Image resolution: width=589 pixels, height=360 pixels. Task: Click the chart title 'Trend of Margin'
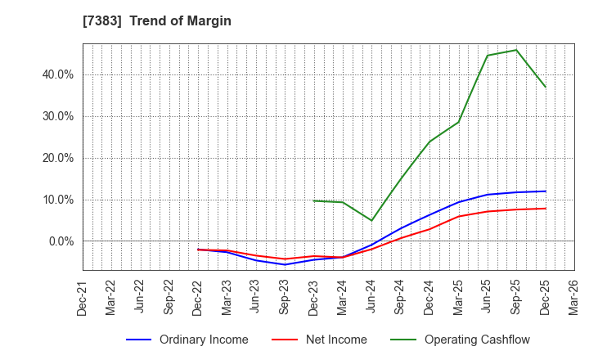point(187,21)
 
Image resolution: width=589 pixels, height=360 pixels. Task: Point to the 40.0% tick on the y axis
point(57,74)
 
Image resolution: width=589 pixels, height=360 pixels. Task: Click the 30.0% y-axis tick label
point(57,116)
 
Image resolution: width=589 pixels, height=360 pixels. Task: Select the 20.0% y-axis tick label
point(57,158)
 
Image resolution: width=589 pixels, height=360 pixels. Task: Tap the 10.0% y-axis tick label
point(57,200)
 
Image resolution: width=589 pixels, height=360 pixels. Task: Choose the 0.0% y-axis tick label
point(60,241)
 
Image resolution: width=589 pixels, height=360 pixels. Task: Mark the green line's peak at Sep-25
point(516,50)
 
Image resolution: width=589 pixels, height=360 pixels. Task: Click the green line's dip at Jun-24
point(371,221)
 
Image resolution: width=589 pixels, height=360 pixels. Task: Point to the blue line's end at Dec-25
point(546,191)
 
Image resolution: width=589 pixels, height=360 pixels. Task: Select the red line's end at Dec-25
point(546,208)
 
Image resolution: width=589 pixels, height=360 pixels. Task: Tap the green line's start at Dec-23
point(313,200)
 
